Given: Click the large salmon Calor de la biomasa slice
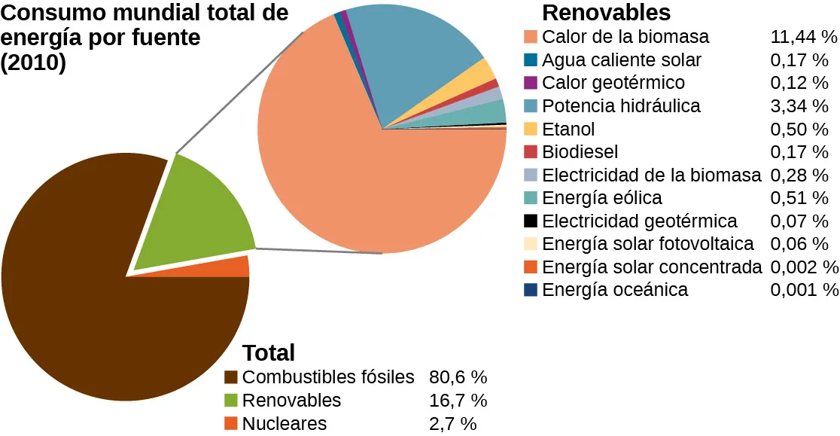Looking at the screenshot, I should coord(361,188).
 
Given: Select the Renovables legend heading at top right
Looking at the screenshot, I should coord(606,13).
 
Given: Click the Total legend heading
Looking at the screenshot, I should coord(269,352).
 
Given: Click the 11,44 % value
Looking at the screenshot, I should coord(804,37).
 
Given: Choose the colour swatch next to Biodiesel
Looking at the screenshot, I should coord(531,152).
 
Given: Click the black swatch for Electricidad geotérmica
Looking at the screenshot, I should coord(531,221).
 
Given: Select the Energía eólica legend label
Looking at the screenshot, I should coord(601,198).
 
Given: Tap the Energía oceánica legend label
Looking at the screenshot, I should coord(614,290).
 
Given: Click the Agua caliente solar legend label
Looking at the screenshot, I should coord(621,59).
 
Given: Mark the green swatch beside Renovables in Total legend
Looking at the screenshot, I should coord(231,401).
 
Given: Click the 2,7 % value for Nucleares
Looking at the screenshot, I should coord(452,424).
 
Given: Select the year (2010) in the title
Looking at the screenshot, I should coord(33,63).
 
